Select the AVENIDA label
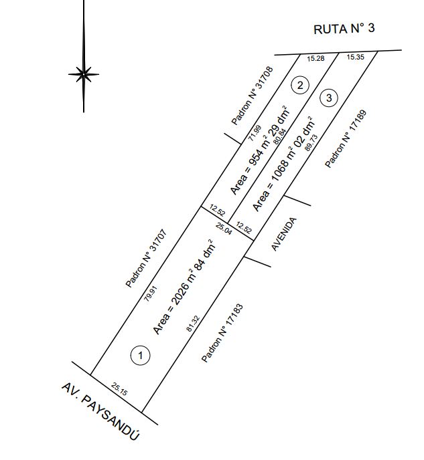point(283,234)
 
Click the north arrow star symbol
point(84,74)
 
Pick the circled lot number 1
point(140,355)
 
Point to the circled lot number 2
point(300,85)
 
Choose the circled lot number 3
point(327,98)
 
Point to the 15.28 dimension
point(315,59)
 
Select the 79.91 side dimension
point(151,296)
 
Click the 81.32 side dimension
point(193,323)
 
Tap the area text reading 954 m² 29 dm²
point(259,151)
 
